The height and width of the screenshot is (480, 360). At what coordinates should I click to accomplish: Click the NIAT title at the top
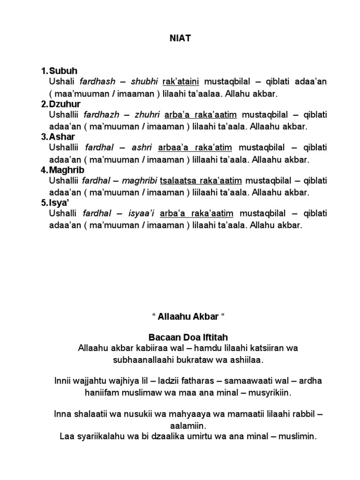pyautogui.click(x=180, y=38)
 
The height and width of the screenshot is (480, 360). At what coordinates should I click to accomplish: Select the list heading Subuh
pyautogui.click(x=62, y=71)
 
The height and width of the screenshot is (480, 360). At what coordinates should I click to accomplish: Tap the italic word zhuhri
pyautogui.click(x=147, y=115)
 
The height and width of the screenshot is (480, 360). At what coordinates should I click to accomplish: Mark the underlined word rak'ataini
pyautogui.click(x=180, y=82)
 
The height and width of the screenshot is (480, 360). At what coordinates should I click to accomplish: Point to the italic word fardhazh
pyautogui.click(x=102, y=115)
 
